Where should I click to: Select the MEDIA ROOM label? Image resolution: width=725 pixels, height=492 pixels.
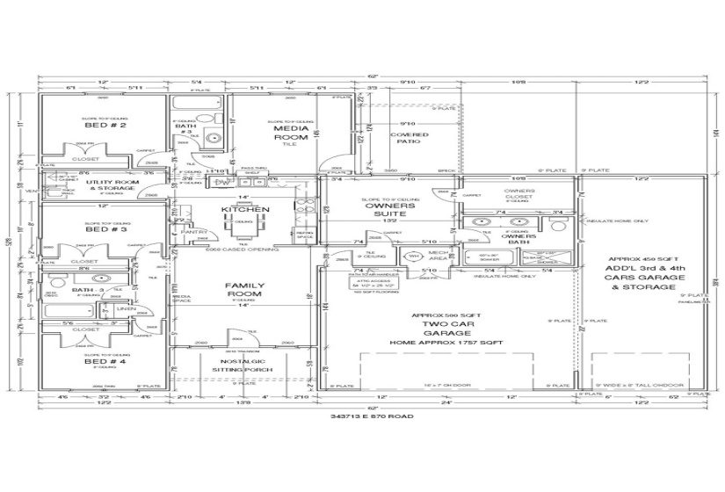(291, 133)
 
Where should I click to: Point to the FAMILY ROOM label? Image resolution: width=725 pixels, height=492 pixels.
(244, 291)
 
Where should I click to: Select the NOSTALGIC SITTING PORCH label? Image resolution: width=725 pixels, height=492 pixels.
(243, 365)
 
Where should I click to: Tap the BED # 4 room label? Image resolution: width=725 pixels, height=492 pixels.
(104, 361)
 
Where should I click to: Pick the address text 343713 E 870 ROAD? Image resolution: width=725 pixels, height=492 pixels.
(366, 416)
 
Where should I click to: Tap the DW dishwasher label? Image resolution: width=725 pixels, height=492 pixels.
(220, 182)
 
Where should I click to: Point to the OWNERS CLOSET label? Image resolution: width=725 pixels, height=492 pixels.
(519, 195)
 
